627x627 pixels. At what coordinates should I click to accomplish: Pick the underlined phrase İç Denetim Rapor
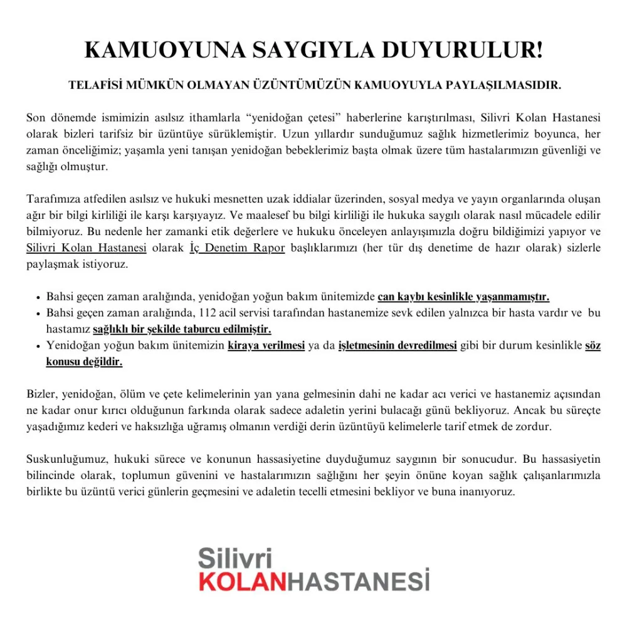pos(237,248)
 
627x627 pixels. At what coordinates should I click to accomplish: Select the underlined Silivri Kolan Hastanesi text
pos(87,248)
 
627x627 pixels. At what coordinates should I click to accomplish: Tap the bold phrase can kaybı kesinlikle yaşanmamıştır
pos(463,297)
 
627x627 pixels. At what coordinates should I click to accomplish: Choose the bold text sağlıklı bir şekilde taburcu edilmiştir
pos(182,329)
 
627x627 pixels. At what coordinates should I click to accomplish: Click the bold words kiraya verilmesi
pos(266,345)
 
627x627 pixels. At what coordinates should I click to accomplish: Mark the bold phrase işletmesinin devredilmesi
pos(398,345)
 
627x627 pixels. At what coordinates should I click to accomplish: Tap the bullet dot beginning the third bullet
pos(39,346)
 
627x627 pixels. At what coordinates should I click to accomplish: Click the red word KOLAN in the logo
pos(242,581)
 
